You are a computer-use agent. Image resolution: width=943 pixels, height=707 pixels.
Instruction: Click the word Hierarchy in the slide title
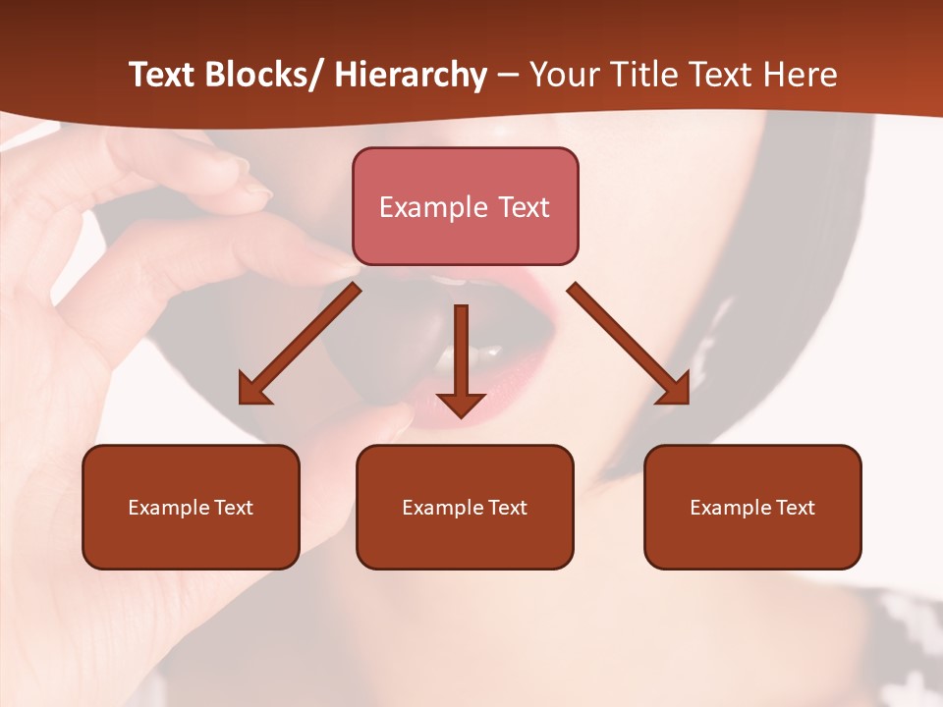click(x=411, y=76)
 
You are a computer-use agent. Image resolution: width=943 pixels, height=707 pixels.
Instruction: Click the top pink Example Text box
click(x=465, y=206)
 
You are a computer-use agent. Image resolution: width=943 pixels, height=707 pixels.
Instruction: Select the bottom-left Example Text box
click(x=191, y=507)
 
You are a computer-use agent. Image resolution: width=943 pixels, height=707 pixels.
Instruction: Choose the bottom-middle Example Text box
click(x=465, y=507)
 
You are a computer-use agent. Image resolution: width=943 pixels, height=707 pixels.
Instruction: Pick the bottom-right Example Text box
click(x=752, y=507)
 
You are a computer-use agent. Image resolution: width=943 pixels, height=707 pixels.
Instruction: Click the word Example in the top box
click(x=432, y=207)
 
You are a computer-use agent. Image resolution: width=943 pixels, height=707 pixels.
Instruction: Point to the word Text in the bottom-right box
click(x=795, y=508)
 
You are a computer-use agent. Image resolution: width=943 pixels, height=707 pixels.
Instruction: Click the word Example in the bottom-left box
click(x=168, y=508)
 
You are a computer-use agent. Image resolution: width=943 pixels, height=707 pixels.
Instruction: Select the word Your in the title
click(x=564, y=76)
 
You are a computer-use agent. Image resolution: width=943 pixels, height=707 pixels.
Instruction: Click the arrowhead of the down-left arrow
click(x=252, y=390)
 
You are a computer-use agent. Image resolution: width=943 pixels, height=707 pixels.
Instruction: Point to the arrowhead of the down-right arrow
click(x=676, y=390)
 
